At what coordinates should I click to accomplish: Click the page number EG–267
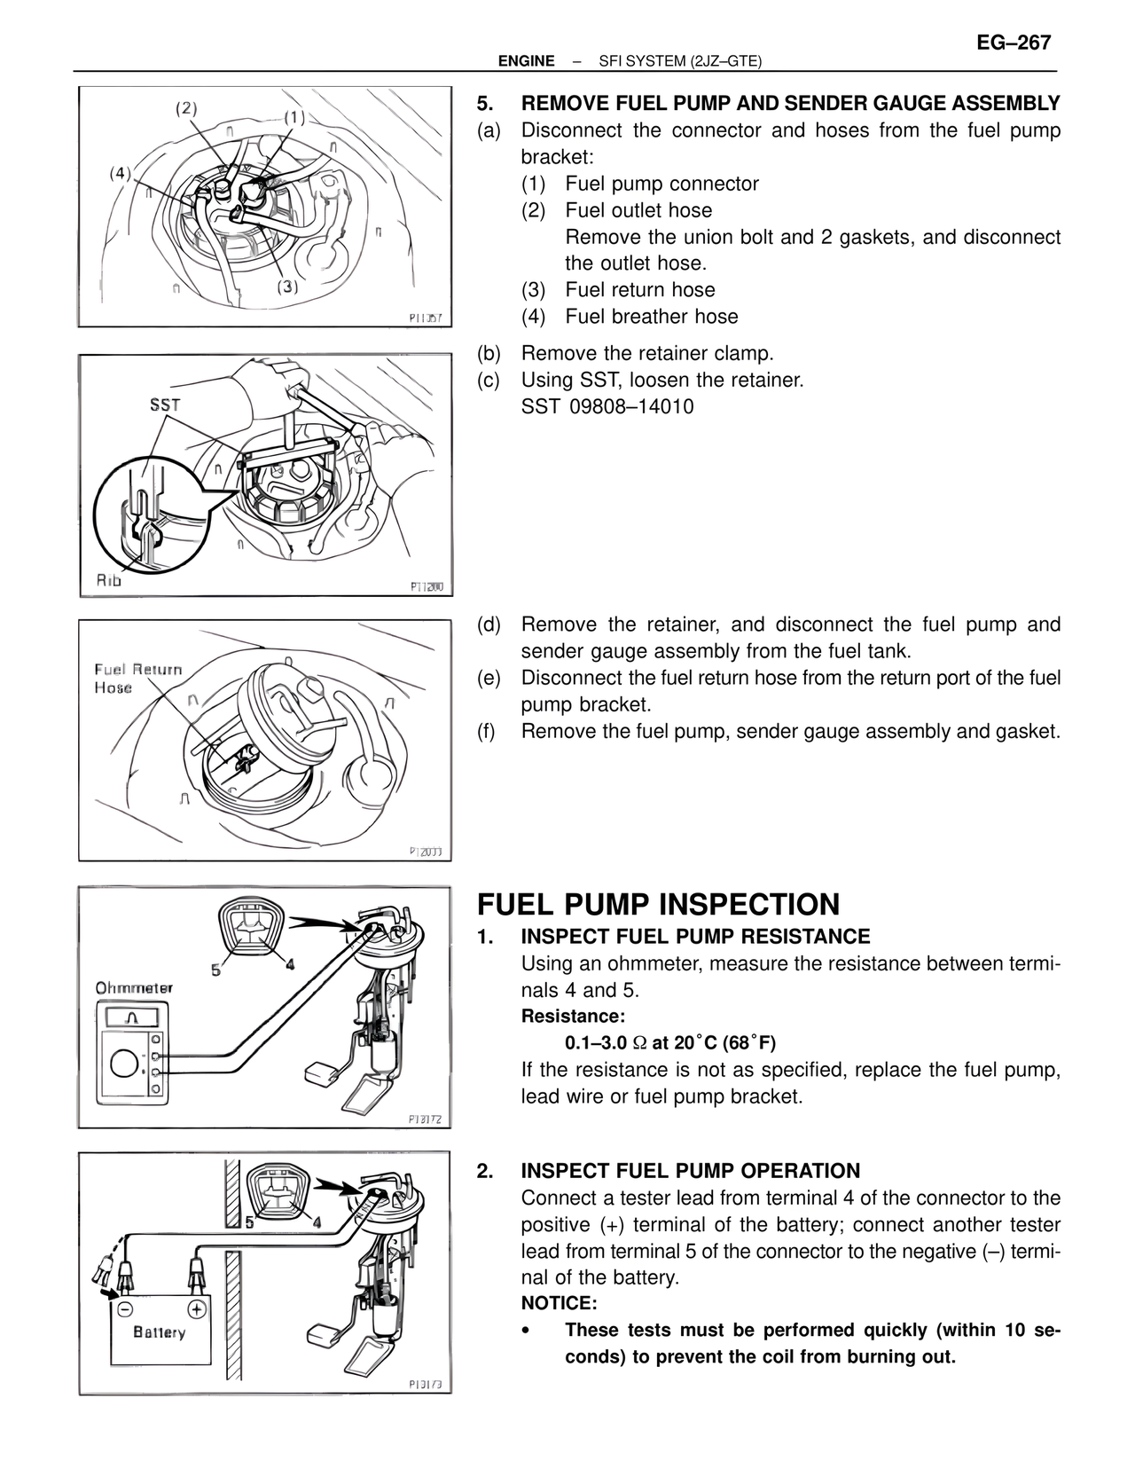click(1014, 43)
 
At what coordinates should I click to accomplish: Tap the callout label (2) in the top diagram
click(186, 108)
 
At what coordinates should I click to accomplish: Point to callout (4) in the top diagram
click(121, 172)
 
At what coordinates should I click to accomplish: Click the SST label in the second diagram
click(165, 405)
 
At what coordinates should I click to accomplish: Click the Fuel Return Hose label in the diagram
click(138, 678)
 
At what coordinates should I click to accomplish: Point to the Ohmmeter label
click(134, 987)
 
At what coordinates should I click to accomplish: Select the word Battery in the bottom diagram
click(160, 1332)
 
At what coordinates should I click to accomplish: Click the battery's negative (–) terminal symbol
click(126, 1308)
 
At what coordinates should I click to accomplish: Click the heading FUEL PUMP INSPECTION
click(658, 905)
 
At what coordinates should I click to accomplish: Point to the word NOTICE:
click(559, 1303)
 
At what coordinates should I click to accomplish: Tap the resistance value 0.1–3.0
click(595, 1042)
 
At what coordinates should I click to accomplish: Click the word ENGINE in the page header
click(526, 61)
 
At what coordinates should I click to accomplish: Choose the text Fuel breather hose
click(651, 317)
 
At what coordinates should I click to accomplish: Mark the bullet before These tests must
click(528, 1331)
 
